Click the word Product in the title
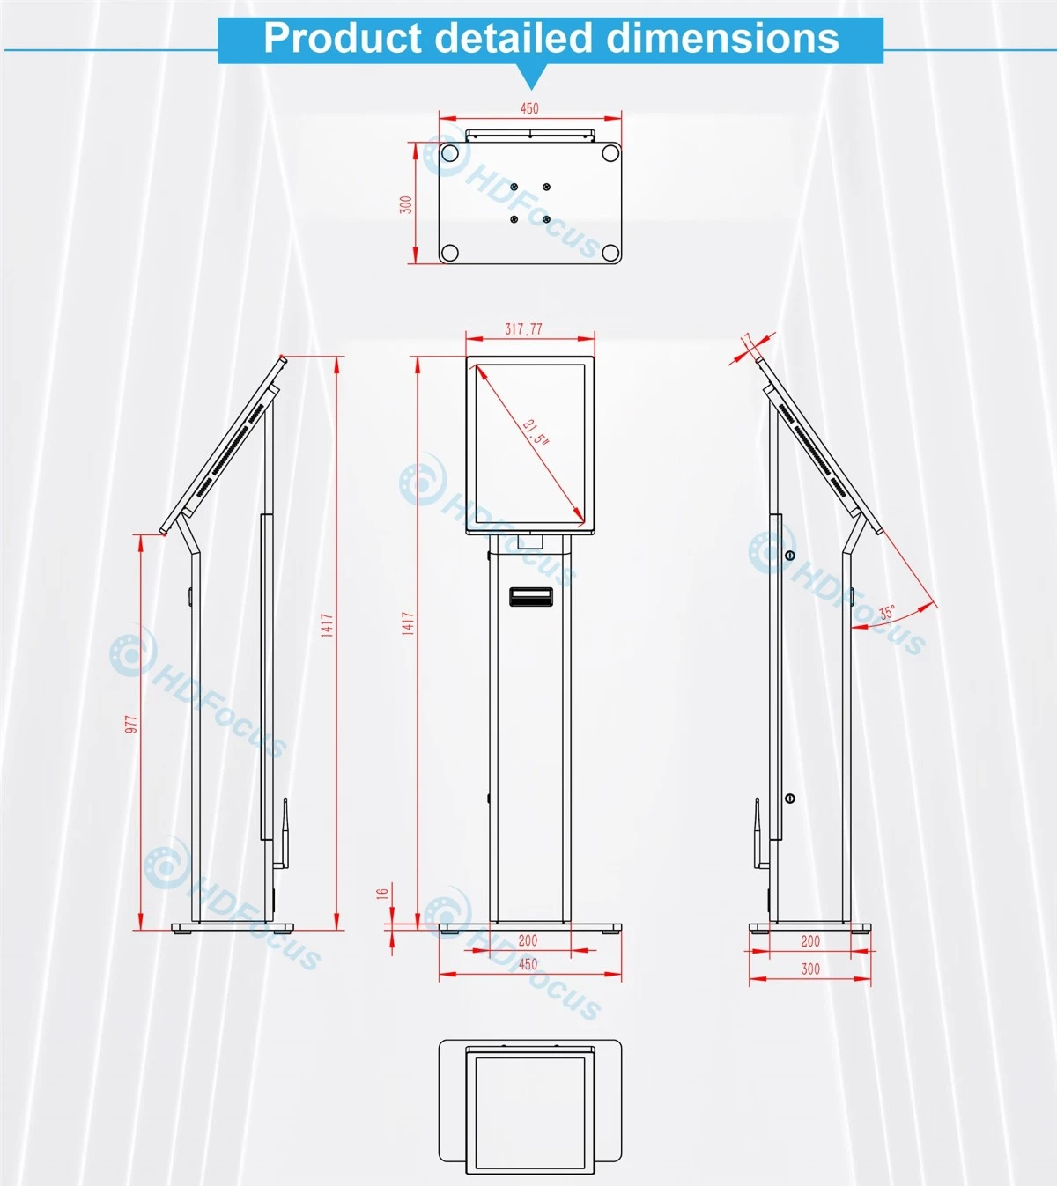pyautogui.click(x=343, y=38)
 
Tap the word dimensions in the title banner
pyautogui.click(x=722, y=38)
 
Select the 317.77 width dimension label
pyautogui.click(x=523, y=329)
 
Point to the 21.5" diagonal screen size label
pyautogui.click(x=536, y=431)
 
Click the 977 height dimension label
pyautogui.click(x=131, y=724)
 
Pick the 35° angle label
pyautogui.click(x=887, y=612)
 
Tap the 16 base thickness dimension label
pyautogui.click(x=382, y=894)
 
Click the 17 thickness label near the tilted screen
pyautogui.click(x=746, y=340)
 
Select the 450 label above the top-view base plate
pyautogui.click(x=529, y=108)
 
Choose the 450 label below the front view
pyautogui.click(x=528, y=964)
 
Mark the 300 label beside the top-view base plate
pyautogui.click(x=406, y=205)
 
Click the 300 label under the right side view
pyautogui.click(x=810, y=969)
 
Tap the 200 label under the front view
pyautogui.click(x=528, y=940)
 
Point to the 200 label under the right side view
pyautogui.click(x=810, y=941)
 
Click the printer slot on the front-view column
pyautogui.click(x=530, y=596)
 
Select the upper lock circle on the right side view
pyautogui.click(x=790, y=555)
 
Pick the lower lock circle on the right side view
pyautogui.click(x=790, y=799)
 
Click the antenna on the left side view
pyautogui.click(x=284, y=833)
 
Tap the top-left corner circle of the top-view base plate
pyautogui.click(x=450, y=153)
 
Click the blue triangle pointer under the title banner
pyautogui.click(x=532, y=76)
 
